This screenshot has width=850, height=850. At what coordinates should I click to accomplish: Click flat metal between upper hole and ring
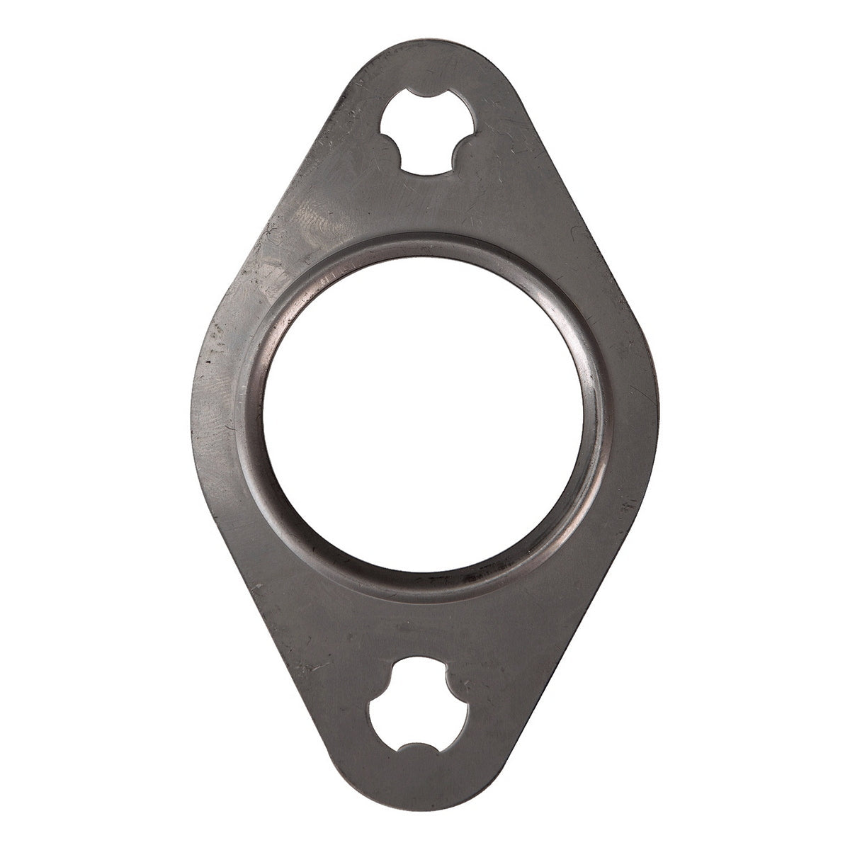[425, 205]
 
